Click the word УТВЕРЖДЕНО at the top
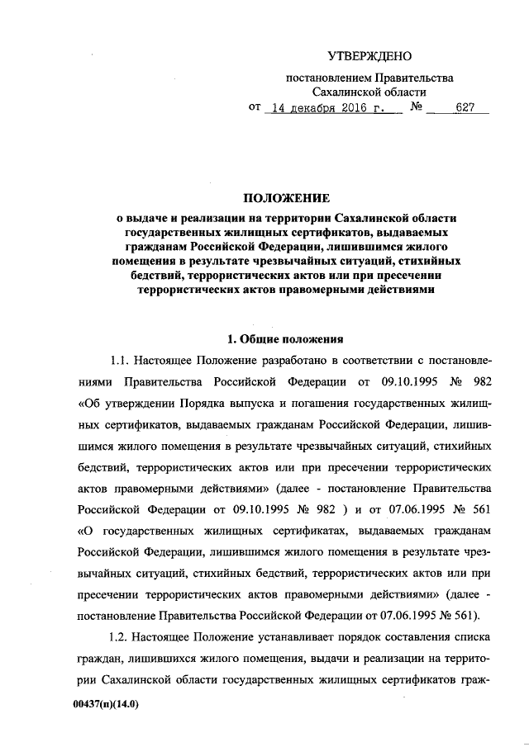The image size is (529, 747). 369,57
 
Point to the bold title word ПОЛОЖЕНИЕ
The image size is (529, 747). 285,198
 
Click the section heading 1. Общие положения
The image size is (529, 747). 285,338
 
